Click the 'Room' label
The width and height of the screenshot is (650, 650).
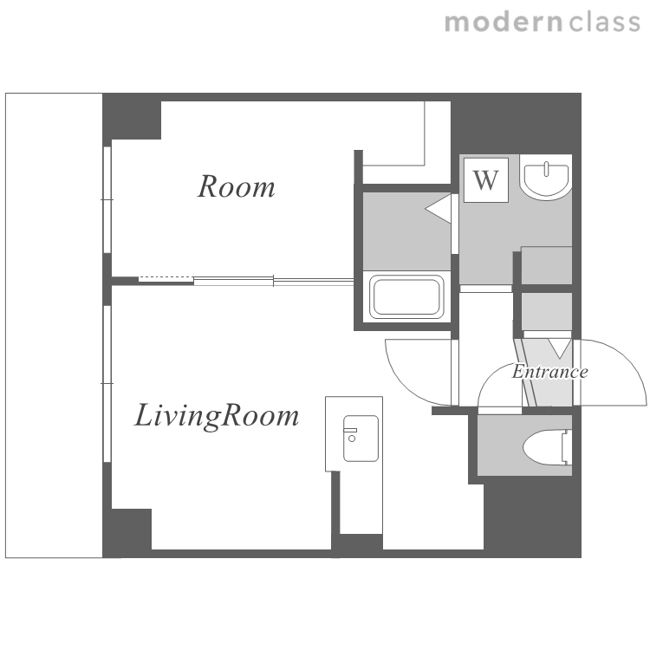(x=236, y=187)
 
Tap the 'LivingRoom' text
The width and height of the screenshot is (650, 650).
(x=217, y=416)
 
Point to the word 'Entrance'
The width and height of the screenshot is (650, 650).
(x=549, y=372)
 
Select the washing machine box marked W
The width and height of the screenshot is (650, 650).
(x=486, y=180)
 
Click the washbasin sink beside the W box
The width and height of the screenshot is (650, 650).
(x=545, y=178)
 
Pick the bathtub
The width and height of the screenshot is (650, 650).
(x=406, y=296)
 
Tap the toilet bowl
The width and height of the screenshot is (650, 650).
(x=547, y=447)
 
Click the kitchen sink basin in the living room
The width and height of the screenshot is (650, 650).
(x=361, y=439)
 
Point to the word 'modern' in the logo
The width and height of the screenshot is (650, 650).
(x=504, y=22)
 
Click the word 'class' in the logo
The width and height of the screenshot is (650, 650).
(x=605, y=22)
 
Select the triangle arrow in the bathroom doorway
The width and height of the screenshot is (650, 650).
(x=439, y=210)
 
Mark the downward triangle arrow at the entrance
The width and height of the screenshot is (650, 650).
(x=560, y=348)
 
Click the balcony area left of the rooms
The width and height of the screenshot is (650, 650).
(x=54, y=325)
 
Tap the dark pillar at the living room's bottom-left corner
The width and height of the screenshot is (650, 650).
(x=127, y=533)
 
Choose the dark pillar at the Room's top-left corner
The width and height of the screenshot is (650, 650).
(x=132, y=116)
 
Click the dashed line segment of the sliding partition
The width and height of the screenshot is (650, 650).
(x=166, y=277)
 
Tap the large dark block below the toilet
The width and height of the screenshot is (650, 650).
(x=532, y=517)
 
